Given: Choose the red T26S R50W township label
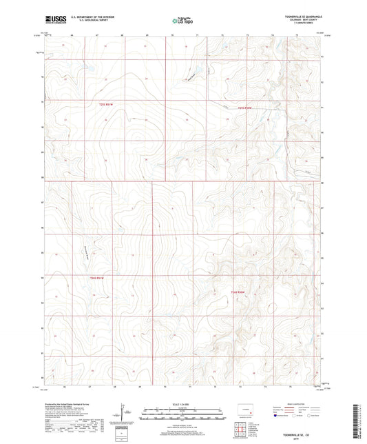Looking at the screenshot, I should point(238,292).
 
